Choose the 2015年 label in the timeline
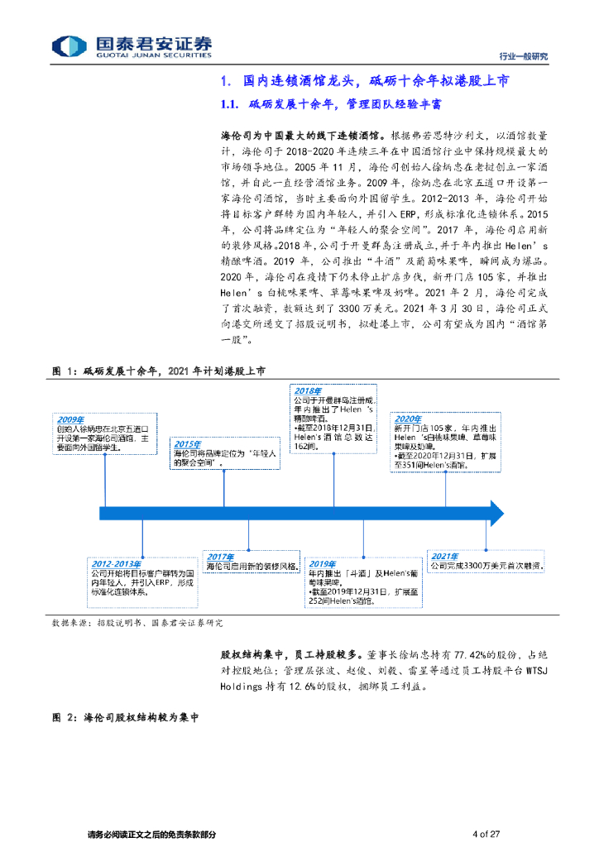[x=189, y=443]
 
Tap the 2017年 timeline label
[x=222, y=556]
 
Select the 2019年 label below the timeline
[x=323, y=562]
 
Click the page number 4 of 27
[x=487, y=834]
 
